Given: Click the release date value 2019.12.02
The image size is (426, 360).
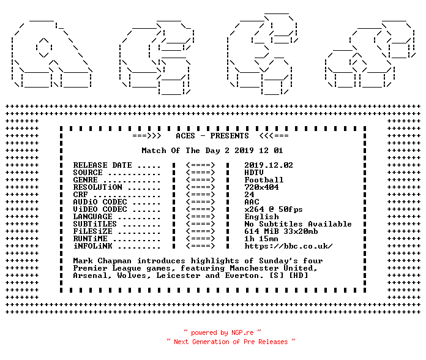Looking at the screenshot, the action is (x=269, y=165).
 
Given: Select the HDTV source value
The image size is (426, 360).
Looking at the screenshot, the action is (x=254, y=173).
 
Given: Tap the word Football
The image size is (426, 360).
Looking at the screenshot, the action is (x=264, y=180).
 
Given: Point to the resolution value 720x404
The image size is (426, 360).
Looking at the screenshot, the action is (x=261, y=187).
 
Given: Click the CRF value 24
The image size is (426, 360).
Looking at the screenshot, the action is (x=249, y=195).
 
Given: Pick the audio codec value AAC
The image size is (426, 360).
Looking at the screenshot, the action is (x=252, y=202).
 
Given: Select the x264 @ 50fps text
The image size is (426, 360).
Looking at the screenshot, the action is (x=274, y=209).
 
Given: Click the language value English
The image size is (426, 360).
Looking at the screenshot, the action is (x=261, y=217).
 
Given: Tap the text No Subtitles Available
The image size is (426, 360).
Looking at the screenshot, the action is (x=297, y=224).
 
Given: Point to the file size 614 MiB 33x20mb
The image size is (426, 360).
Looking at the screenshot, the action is (x=281, y=231).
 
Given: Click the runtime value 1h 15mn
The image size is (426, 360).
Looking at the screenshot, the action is (x=261, y=239).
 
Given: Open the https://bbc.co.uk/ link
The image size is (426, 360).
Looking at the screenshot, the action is (x=288, y=246).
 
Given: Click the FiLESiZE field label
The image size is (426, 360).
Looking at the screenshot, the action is (x=92, y=231).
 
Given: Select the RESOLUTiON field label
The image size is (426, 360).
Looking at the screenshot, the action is (x=97, y=187).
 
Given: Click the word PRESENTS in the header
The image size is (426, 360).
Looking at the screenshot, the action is (x=230, y=136).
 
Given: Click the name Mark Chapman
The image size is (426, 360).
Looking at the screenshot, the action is (x=102, y=261).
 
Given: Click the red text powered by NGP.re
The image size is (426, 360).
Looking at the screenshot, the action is (x=222, y=332).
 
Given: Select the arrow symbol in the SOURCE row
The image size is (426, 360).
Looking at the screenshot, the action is (x=201, y=173).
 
